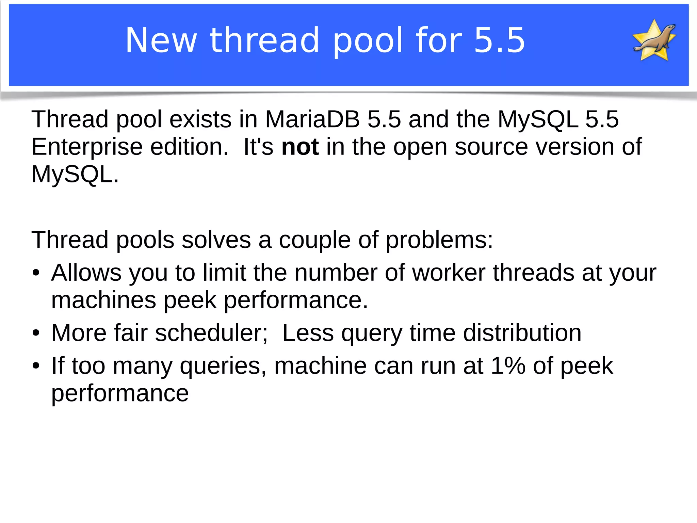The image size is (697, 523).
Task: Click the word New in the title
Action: click(161, 40)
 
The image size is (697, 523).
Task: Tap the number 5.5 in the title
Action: click(500, 40)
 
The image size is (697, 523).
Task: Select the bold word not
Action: click(300, 147)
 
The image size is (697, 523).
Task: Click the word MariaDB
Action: click(312, 119)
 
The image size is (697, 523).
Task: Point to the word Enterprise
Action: click(87, 147)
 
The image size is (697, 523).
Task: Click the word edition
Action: click(189, 147)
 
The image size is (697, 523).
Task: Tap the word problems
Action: click(439, 240)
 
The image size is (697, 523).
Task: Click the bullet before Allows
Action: click(36, 273)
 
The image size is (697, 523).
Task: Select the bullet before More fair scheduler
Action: click(36, 333)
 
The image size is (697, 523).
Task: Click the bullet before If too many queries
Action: click(36, 366)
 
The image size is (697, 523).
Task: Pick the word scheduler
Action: click(211, 333)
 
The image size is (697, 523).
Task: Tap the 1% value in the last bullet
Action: click(508, 366)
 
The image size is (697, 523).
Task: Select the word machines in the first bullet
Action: click(103, 300)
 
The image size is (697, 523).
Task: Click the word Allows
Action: click(86, 273)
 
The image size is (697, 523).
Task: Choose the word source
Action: click(491, 147)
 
